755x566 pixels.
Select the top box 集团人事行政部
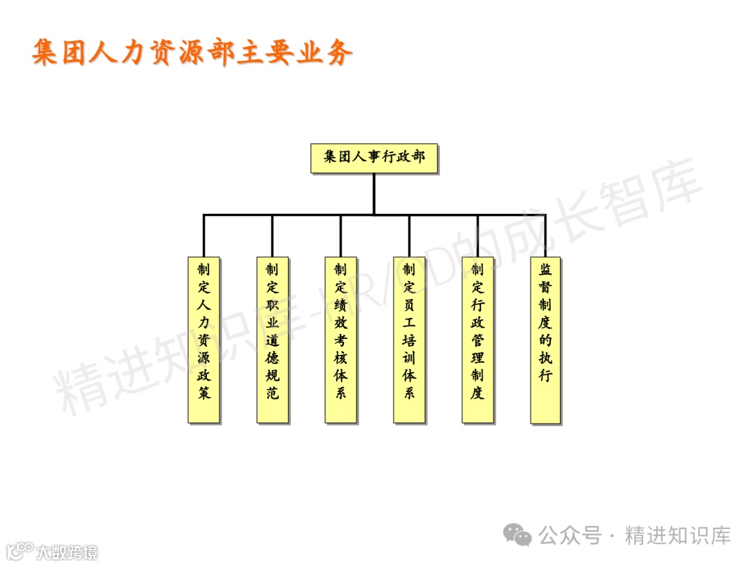point(374,158)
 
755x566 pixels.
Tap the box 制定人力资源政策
point(204,340)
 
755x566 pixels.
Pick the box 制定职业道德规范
point(273,340)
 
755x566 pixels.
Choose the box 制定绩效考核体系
point(340,340)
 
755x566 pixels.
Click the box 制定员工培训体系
point(409,340)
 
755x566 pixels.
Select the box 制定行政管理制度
point(477,340)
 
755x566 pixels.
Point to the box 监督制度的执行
point(545,340)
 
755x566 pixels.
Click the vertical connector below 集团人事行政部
point(374,194)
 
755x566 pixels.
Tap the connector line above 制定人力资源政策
point(204,235)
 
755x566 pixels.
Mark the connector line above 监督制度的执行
point(545,235)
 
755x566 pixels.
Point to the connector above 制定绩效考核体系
point(340,235)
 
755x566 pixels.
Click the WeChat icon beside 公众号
point(518,536)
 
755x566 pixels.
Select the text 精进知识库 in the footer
point(678,536)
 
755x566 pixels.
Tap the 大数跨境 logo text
point(67,552)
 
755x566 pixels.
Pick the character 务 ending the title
point(338,52)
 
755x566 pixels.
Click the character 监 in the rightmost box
point(545,270)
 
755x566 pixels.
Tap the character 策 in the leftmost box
point(204,393)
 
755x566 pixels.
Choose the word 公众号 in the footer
point(570,536)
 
